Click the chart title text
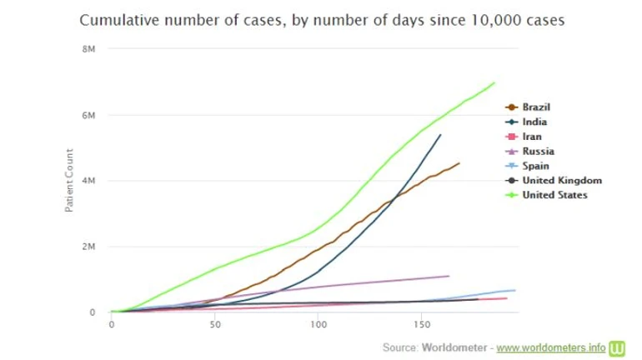[321, 21]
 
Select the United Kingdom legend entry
[561, 180]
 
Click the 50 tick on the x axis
[214, 325]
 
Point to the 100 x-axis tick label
[318, 325]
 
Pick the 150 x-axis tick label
[420, 325]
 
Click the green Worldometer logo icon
[619, 345]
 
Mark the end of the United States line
[494, 82]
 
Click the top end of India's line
[440, 134]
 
